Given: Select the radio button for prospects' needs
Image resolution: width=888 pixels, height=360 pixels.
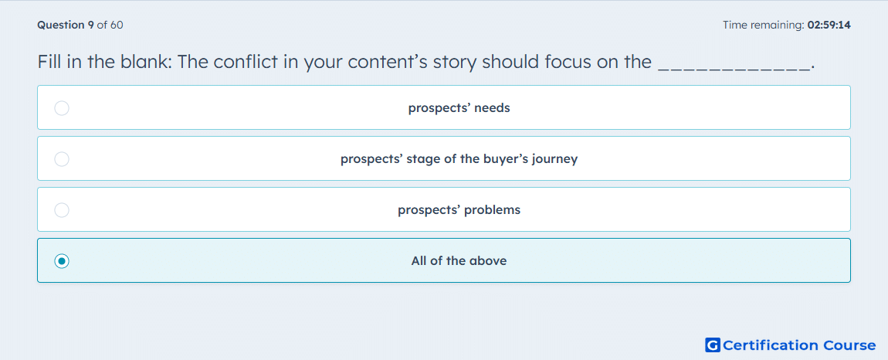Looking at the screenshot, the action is pos(62,107).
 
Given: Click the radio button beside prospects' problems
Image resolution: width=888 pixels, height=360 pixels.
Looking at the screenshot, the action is pos(62,210).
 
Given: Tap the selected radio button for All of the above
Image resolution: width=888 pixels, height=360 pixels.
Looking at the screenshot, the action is pos(62,261).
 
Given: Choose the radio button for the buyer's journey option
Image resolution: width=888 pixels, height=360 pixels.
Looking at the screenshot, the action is pos(62,158).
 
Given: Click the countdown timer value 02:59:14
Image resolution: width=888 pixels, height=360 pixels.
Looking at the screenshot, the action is pos(829,25).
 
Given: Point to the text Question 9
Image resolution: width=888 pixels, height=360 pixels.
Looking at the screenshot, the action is pos(66,25).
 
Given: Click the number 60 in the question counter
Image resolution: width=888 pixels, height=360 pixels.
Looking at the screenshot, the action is pos(117,25).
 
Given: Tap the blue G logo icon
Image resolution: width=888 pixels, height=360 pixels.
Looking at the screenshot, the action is pos(713,345).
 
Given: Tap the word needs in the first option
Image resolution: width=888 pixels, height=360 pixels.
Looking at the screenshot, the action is pos(492,107).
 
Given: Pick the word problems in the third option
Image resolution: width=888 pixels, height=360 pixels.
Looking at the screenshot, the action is pos(492,210).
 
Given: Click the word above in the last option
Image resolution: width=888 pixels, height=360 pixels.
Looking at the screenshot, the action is pos(490,261).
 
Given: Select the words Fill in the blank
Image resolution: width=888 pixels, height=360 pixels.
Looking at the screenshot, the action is pos(105,62).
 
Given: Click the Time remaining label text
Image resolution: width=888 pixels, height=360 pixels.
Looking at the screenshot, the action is pos(764,25).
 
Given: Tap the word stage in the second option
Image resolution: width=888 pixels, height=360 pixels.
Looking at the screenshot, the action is pos(425,159).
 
